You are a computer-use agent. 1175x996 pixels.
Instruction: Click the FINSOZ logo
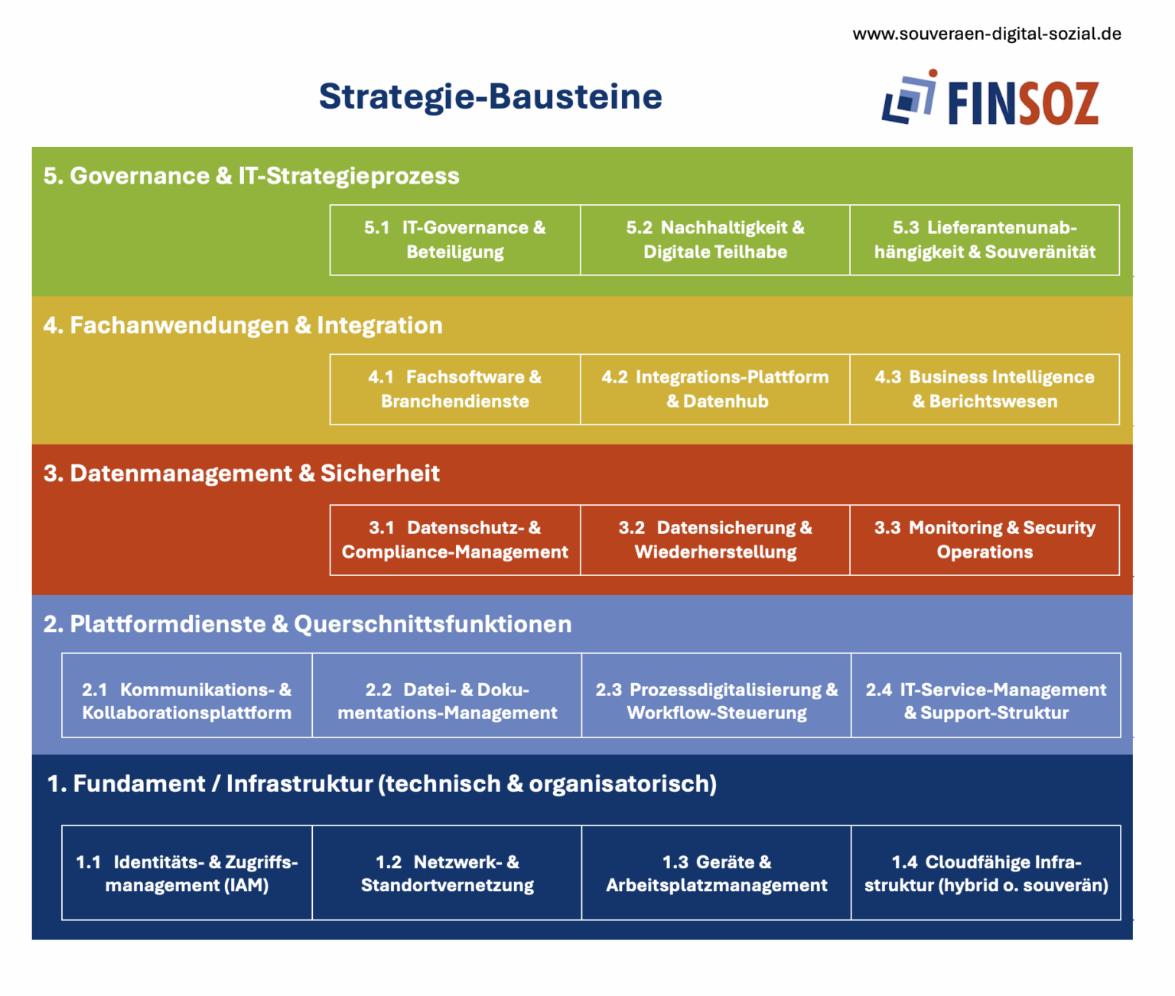coord(990,98)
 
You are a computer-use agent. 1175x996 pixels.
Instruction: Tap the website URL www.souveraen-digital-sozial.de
coord(987,34)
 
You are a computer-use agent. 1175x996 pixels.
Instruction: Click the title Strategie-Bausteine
coord(490,96)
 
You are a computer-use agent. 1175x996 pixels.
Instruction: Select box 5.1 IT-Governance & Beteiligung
coord(454,240)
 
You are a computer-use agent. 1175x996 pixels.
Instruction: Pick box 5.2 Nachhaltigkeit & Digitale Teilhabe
coord(715,240)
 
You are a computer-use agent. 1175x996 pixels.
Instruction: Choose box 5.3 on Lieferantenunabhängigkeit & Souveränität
coord(985,240)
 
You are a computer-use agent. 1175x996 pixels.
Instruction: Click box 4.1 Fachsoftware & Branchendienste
coord(454,389)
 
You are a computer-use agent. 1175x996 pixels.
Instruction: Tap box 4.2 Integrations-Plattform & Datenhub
coord(715,389)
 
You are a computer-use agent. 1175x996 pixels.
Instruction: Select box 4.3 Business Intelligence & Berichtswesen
coord(985,389)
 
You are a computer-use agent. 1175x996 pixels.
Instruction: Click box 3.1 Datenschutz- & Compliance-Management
coord(454,540)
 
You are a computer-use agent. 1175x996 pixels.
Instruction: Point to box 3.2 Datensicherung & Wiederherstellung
coord(715,540)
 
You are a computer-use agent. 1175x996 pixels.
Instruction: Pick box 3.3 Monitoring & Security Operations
coord(985,540)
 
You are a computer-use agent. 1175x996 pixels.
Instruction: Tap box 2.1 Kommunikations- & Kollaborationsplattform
coord(187,695)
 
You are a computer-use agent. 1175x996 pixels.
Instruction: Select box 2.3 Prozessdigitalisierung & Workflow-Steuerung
coord(716,695)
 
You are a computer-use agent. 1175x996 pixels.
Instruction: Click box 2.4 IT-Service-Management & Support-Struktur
coord(986,695)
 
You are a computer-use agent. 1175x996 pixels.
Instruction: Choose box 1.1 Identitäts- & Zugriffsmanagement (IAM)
coord(187,873)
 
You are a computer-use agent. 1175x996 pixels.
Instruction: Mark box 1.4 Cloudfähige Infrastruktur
coord(986,873)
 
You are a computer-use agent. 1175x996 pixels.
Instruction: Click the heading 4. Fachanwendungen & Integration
coord(242,325)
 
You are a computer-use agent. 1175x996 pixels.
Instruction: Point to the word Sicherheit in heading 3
coord(379,474)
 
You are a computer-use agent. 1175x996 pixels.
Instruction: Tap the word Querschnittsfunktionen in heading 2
coord(433,624)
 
